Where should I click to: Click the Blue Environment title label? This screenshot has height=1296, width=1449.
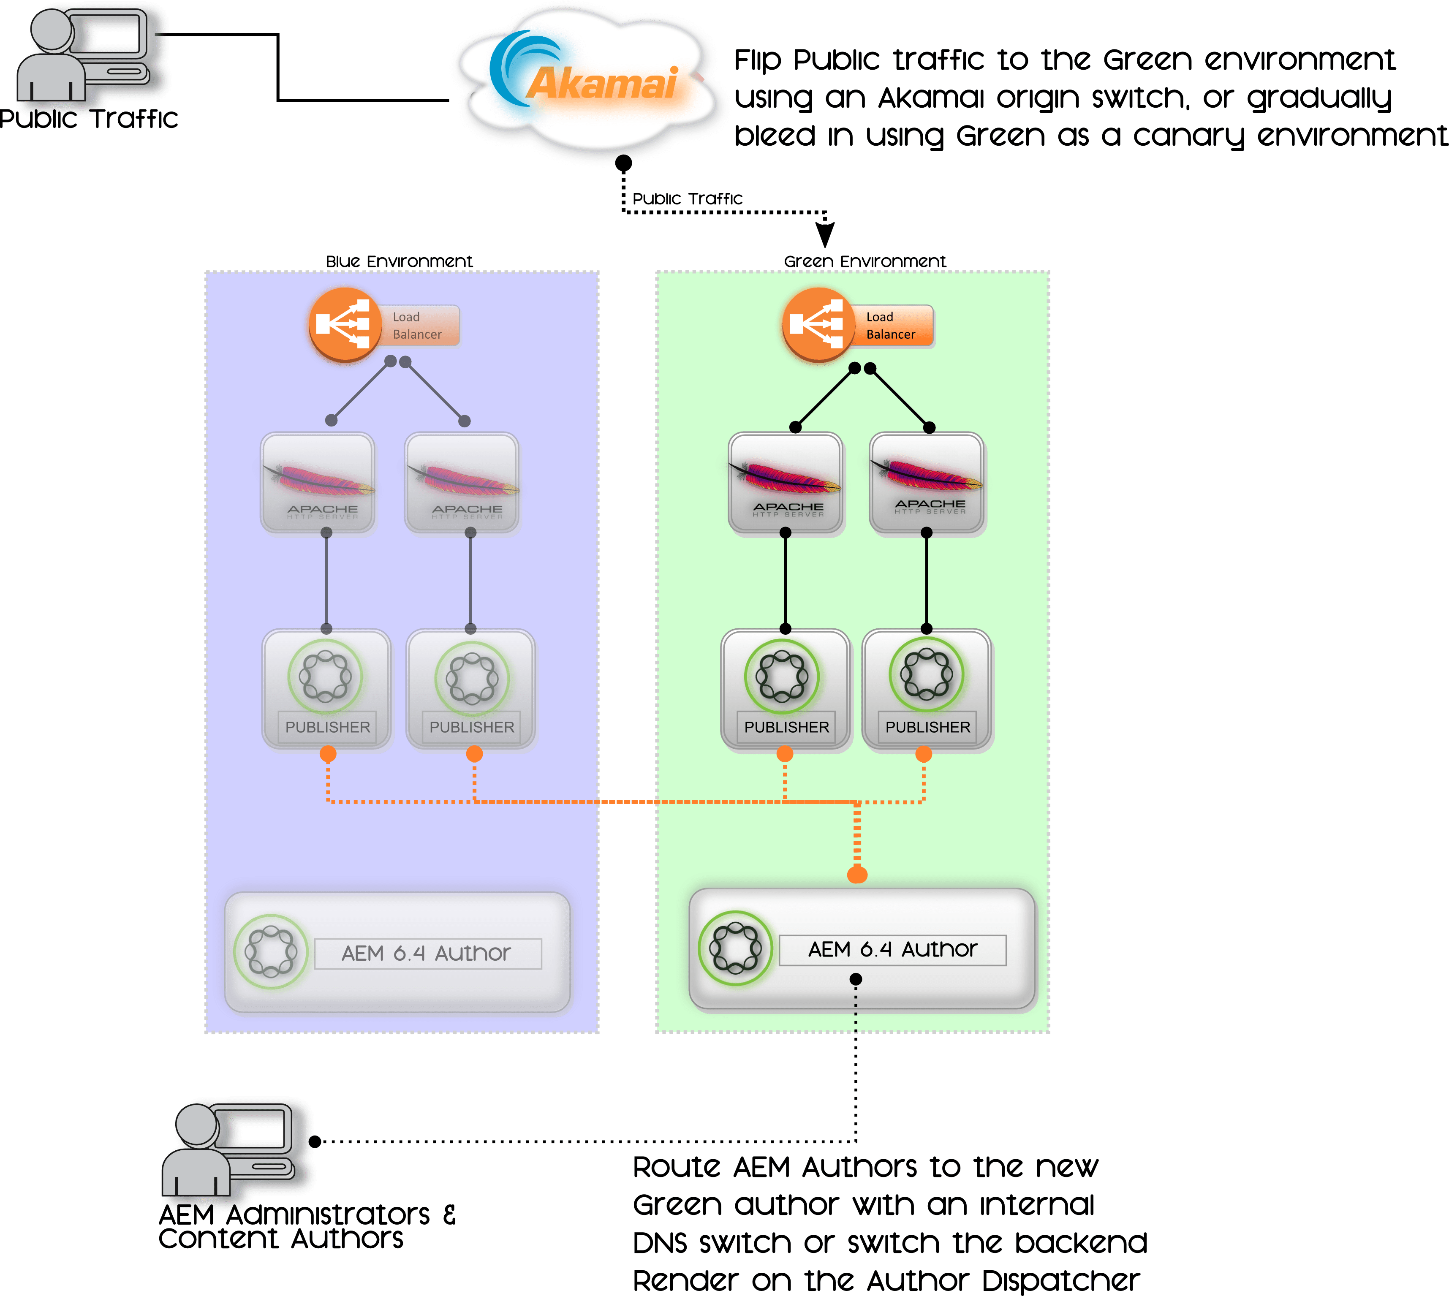click(x=399, y=261)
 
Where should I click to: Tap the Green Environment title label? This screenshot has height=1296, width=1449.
click(x=865, y=261)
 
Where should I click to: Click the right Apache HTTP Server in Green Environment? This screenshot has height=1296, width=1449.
click(x=928, y=484)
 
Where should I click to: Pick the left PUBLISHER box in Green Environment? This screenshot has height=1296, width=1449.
click(x=786, y=689)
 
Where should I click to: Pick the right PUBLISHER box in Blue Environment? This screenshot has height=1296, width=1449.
click(x=471, y=689)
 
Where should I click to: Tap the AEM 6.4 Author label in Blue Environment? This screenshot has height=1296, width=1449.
click(x=427, y=954)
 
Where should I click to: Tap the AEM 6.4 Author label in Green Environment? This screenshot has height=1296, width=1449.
click(x=892, y=950)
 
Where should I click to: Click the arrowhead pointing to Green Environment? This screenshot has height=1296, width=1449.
click(x=824, y=234)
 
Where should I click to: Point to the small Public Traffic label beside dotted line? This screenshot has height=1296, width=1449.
click(x=687, y=198)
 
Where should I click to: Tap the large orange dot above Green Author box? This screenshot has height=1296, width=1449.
click(x=857, y=875)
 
